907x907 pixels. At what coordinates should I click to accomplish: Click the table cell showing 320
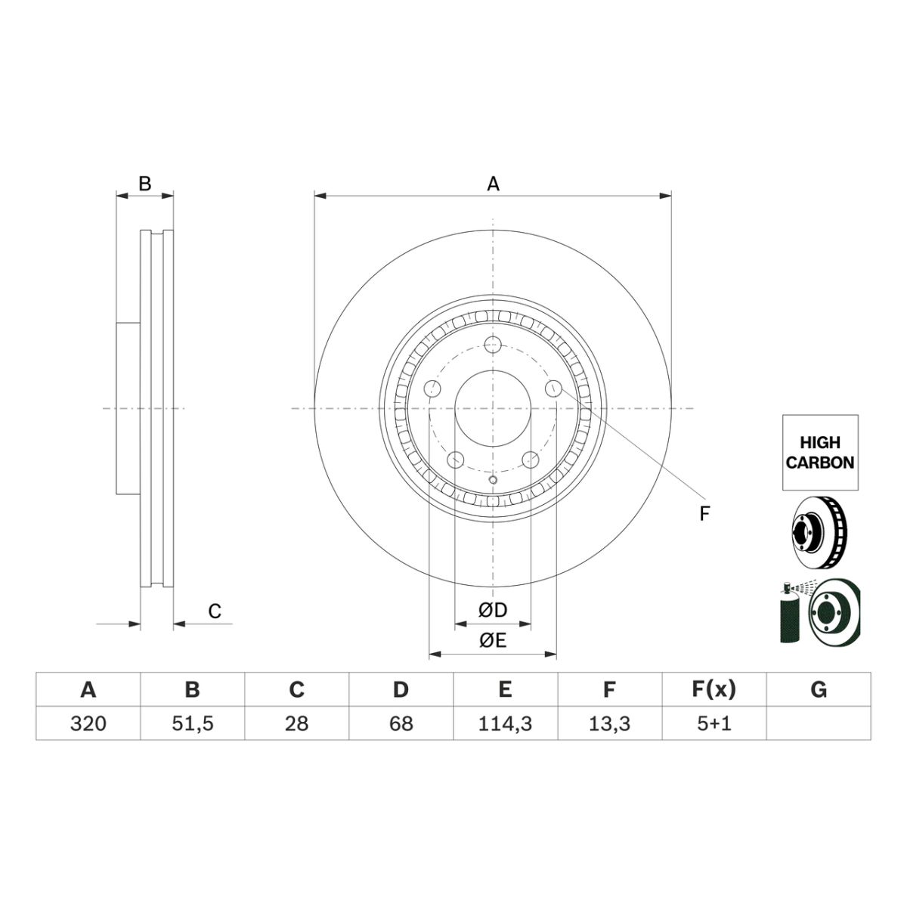tap(88, 723)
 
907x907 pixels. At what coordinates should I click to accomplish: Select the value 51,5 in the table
tap(193, 723)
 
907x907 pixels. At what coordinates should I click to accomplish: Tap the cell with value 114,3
tap(506, 723)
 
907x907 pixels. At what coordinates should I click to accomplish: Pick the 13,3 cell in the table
tap(609, 723)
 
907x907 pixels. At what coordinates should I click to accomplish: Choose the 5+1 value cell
tap(714, 723)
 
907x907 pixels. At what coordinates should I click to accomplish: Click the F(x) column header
tap(714, 689)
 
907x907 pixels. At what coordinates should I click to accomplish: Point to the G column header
tap(819, 689)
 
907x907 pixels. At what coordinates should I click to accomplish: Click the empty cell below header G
tap(819, 723)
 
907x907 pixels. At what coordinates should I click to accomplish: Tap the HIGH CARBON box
tap(820, 452)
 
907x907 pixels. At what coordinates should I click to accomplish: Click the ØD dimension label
tap(493, 611)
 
